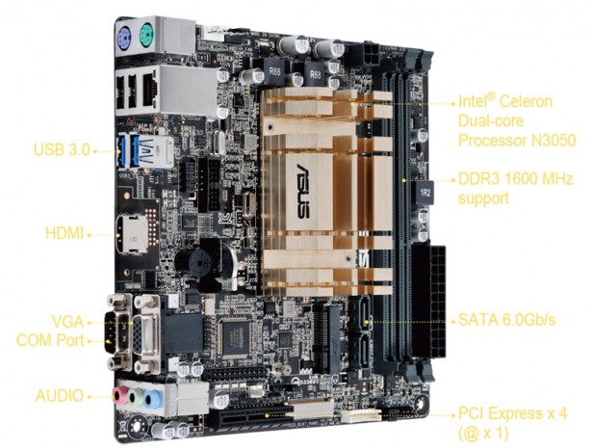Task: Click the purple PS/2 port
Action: [124, 39]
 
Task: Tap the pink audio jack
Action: [121, 395]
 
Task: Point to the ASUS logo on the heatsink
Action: [303, 191]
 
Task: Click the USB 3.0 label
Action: [62, 149]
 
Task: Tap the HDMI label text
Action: [64, 233]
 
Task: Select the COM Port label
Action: [50, 340]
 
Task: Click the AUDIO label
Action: [60, 396]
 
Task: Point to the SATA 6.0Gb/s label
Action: [506, 320]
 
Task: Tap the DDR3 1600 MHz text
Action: [515, 178]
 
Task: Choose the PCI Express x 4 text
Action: [512, 413]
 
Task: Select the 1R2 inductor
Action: [425, 193]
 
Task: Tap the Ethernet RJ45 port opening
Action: [150, 90]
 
